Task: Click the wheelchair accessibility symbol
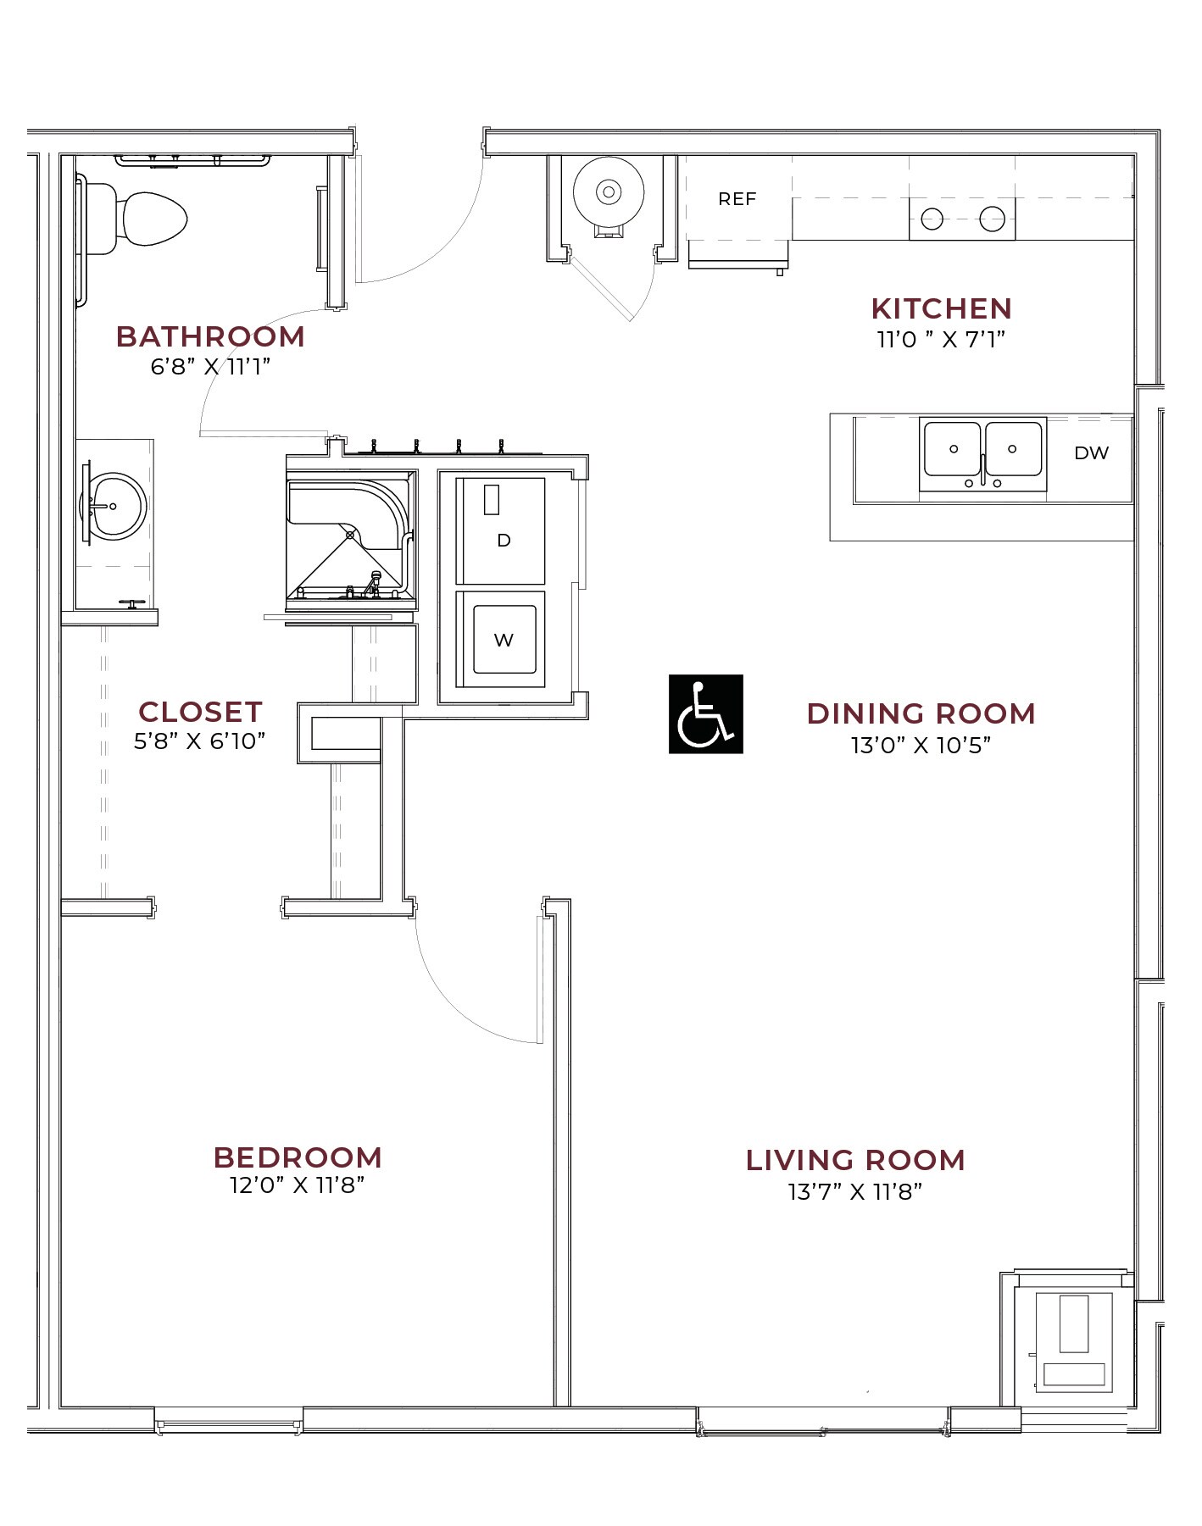pyautogui.click(x=705, y=713)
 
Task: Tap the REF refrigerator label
pyautogui.click(x=737, y=199)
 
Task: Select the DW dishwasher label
pyautogui.click(x=1091, y=453)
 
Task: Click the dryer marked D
pyautogui.click(x=502, y=532)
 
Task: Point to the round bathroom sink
pyautogui.click(x=114, y=507)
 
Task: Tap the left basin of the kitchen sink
pyautogui.click(x=952, y=449)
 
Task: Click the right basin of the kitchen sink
pyautogui.click(x=1013, y=449)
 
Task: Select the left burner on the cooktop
pyautogui.click(x=932, y=219)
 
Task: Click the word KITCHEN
pyautogui.click(x=941, y=308)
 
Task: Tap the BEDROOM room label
pyautogui.click(x=298, y=1157)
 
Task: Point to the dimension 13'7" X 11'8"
pyautogui.click(x=854, y=1191)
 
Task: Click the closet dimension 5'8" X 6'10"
pyautogui.click(x=200, y=741)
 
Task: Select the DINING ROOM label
pyautogui.click(x=921, y=713)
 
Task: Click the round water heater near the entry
pyautogui.click(x=609, y=192)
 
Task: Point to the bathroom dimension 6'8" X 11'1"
pyautogui.click(x=210, y=366)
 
